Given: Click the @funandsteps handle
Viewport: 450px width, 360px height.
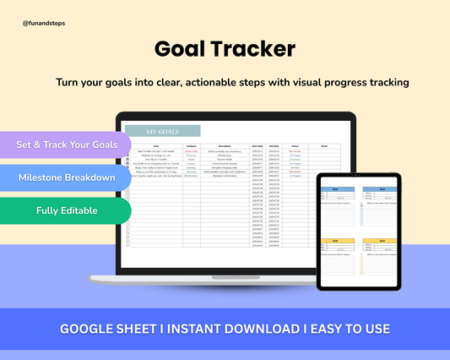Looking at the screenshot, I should [44, 25].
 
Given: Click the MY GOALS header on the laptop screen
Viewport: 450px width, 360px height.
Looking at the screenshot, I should [162, 132].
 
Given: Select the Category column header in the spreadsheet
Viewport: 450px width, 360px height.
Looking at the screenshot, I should [192, 146].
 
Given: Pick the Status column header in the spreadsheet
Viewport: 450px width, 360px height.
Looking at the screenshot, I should [295, 146].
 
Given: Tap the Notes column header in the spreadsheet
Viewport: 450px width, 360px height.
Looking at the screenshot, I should [324, 146].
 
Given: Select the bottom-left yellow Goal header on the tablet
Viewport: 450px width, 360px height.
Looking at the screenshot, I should [337, 241].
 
